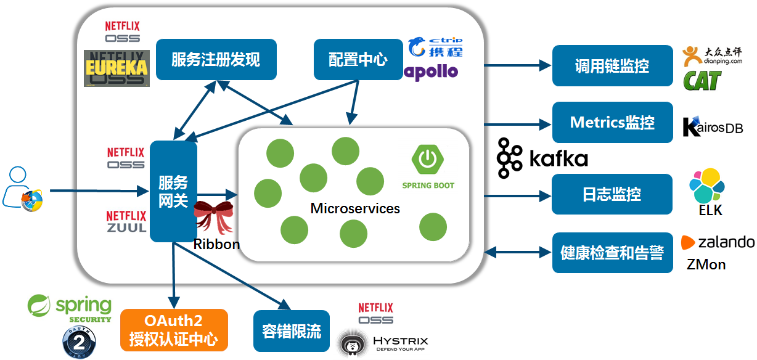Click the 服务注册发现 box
tap(216, 59)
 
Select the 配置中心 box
tap(358, 59)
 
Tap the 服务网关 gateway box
tap(173, 192)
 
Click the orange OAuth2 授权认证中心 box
tap(173, 330)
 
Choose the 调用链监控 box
tap(612, 66)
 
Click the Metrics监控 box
tap(612, 122)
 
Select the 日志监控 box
tap(612, 194)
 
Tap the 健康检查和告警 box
tap(612, 253)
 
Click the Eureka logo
tap(117, 68)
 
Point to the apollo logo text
tap(432, 72)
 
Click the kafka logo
tap(542, 158)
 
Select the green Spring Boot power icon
tap(428, 159)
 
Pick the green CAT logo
tap(702, 80)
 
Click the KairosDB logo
tap(712, 126)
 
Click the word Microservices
tap(355, 208)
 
